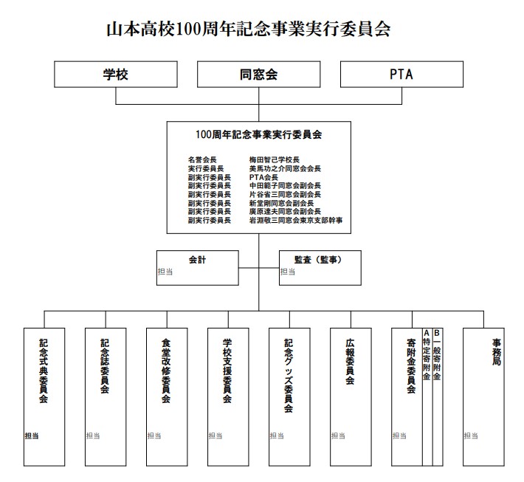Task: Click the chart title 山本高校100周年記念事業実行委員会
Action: [x=249, y=29]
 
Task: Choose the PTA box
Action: [x=401, y=75]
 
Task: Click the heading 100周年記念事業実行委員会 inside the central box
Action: [x=258, y=135]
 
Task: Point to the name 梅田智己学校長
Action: [x=274, y=159]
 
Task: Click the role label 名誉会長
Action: [x=202, y=159]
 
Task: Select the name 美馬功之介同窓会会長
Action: [x=285, y=168]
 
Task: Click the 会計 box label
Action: [x=196, y=259]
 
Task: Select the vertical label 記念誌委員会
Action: [x=105, y=366]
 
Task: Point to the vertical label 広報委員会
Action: [x=350, y=362]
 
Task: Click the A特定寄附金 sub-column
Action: [x=427, y=355]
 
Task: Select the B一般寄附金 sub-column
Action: [x=437, y=355]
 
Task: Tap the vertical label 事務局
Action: [x=497, y=353]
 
